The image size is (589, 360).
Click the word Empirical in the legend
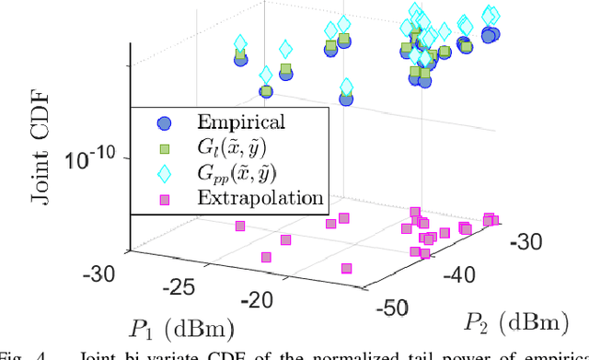(241, 122)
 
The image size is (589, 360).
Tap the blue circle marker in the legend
(164, 122)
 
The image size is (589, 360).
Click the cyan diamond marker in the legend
(164, 173)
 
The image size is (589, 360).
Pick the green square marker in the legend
(164, 148)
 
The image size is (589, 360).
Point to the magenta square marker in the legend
(164, 198)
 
